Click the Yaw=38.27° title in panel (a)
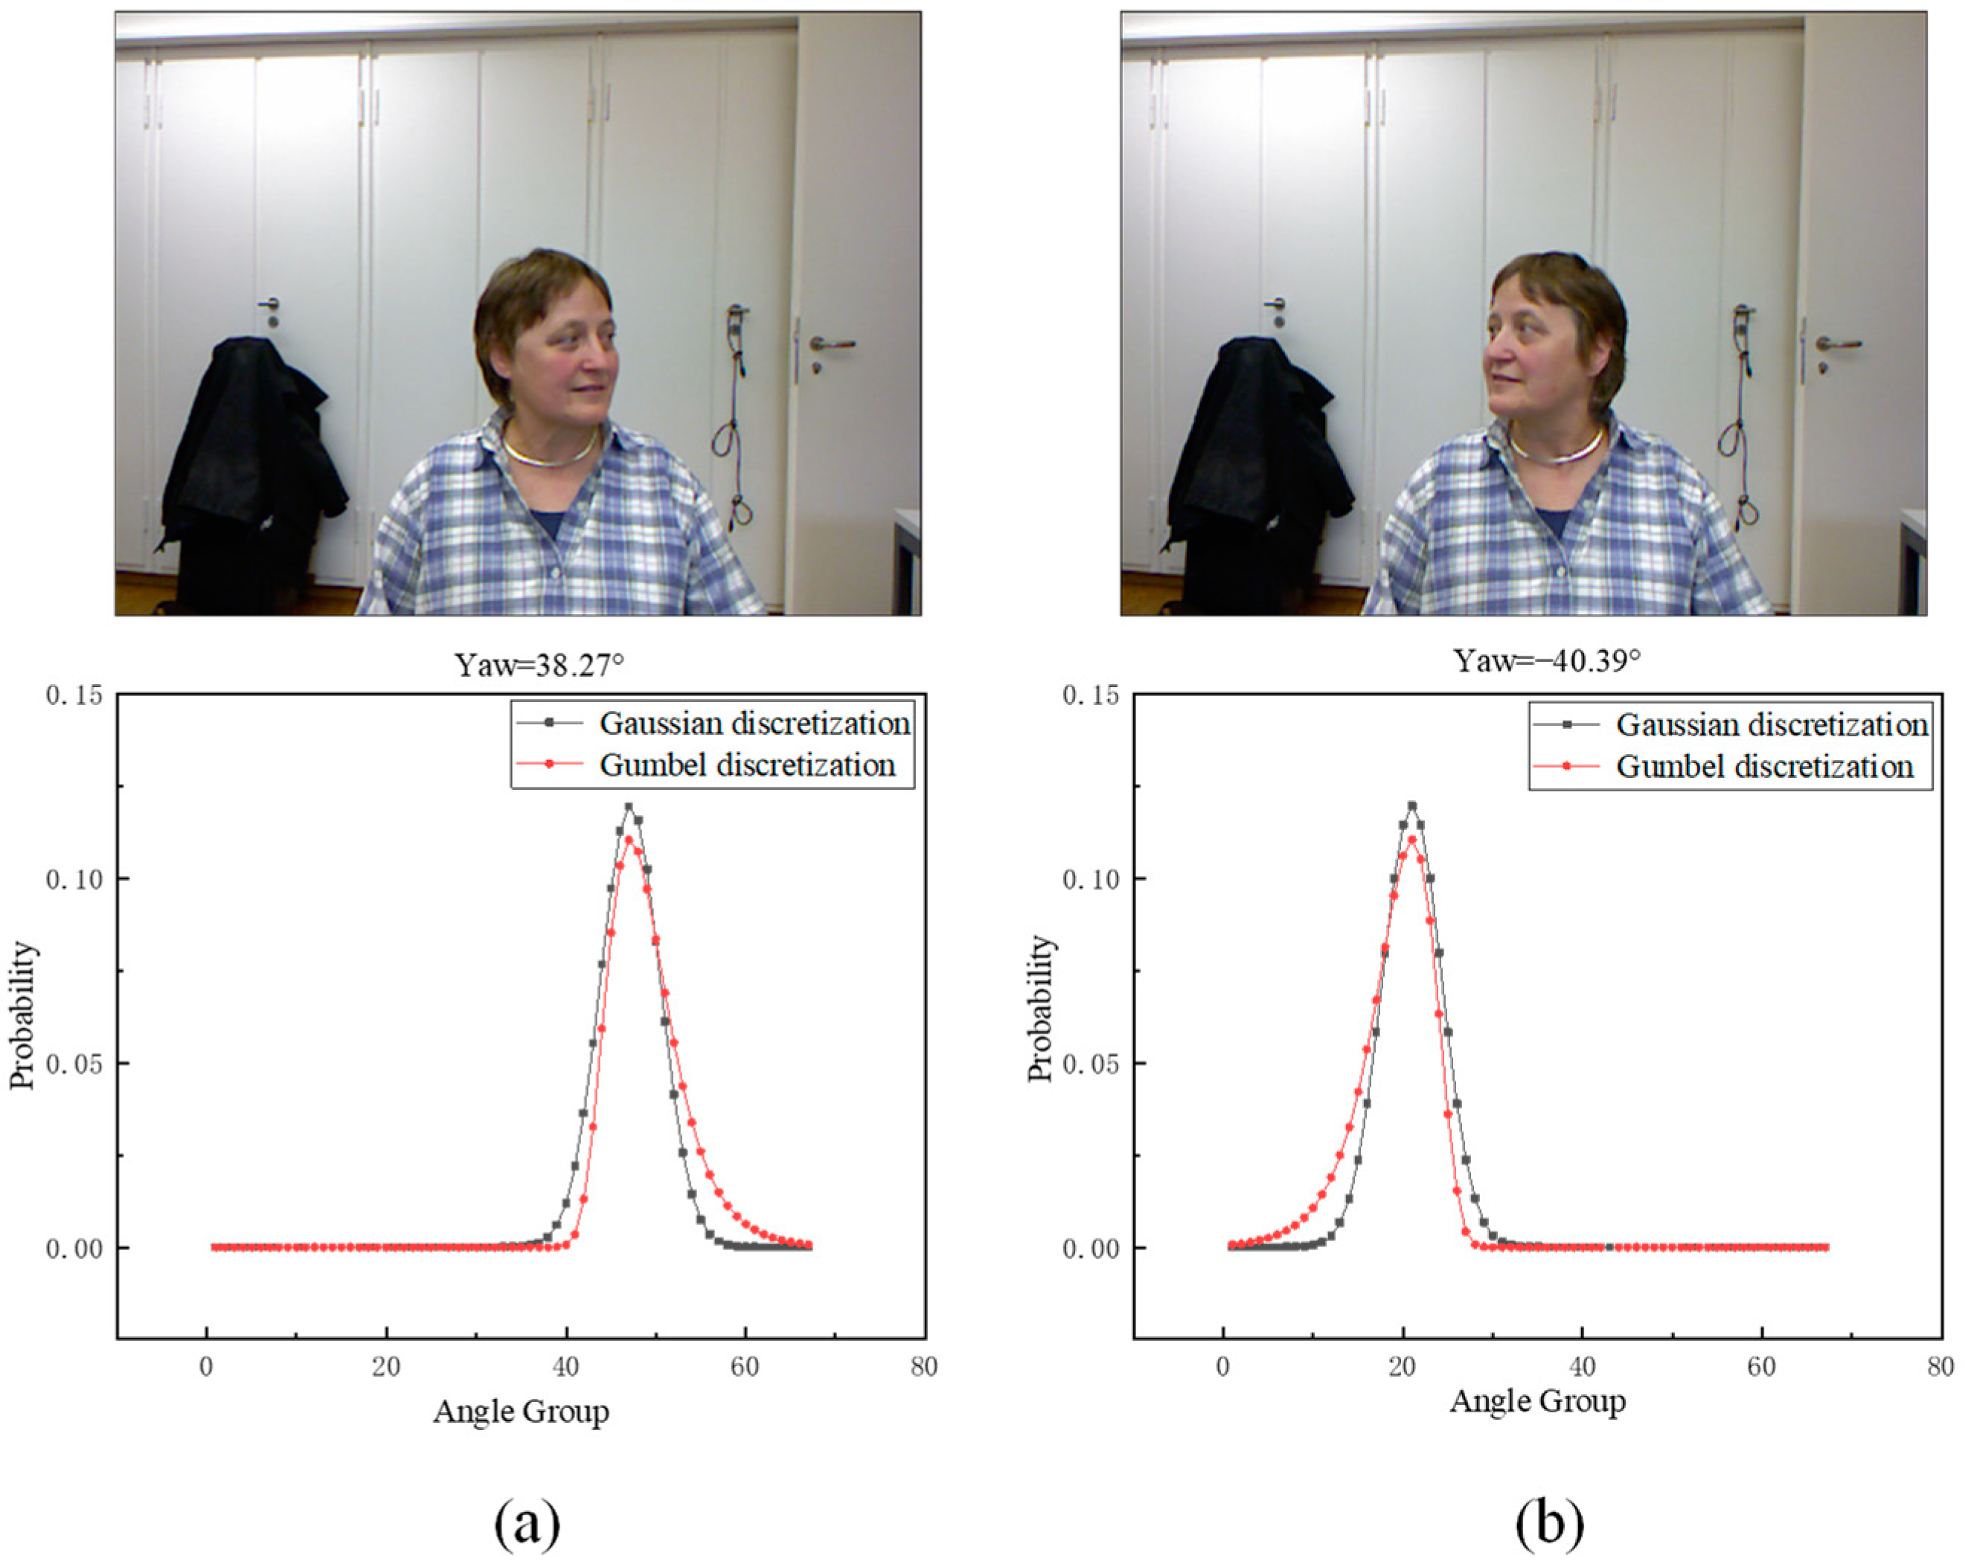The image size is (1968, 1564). pos(539,664)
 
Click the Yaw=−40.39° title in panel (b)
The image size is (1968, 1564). pos(1546,660)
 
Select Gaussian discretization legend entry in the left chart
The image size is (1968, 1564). pos(754,724)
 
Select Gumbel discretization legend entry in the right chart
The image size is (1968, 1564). pos(1763,767)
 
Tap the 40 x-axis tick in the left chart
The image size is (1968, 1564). pos(566,1367)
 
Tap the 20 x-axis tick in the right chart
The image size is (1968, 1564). pos(1402,1367)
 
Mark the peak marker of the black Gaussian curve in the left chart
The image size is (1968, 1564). pos(628,807)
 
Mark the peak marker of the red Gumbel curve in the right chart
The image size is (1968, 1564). pos(1411,840)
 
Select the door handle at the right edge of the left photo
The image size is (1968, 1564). pos(833,345)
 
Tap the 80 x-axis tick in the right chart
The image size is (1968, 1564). pos(1940,1367)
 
